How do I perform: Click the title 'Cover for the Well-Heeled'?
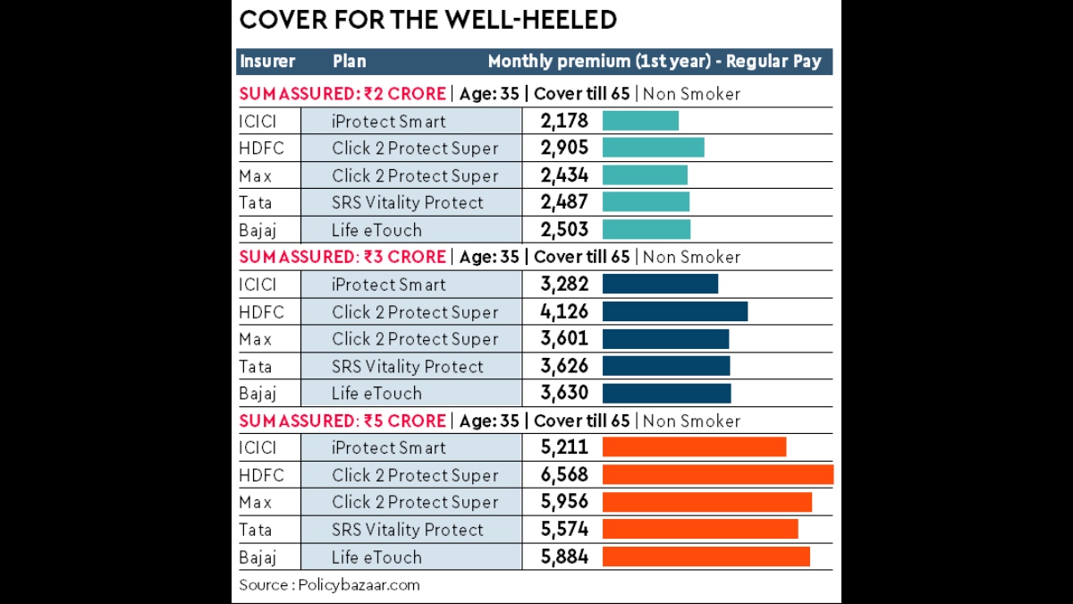(x=428, y=21)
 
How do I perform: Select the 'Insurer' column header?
(x=266, y=62)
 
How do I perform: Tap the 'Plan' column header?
(x=349, y=62)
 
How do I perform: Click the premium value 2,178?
(x=564, y=121)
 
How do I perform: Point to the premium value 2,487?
(x=564, y=202)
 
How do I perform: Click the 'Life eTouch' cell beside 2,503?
(x=376, y=230)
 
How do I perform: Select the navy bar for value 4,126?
(x=674, y=311)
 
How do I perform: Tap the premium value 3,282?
(x=564, y=285)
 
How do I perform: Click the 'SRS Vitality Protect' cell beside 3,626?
(x=407, y=366)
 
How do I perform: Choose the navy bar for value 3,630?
(x=666, y=394)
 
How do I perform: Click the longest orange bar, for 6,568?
(x=717, y=475)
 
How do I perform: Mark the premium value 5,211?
(x=564, y=447)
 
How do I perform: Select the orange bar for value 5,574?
(x=700, y=530)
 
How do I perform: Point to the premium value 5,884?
(x=564, y=557)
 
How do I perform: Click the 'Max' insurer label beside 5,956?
(x=255, y=502)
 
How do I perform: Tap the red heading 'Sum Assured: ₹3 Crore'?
(x=342, y=257)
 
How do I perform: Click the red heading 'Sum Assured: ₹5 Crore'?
(x=342, y=421)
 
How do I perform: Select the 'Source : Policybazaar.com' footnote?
(x=329, y=585)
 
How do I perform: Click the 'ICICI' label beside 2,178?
(x=258, y=121)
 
